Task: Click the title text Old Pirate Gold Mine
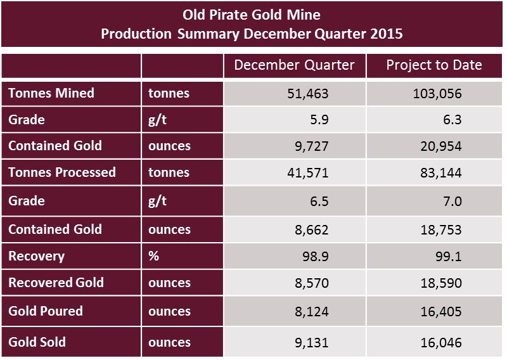(x=252, y=14)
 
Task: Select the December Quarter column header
(x=295, y=65)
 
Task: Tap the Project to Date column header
(x=434, y=65)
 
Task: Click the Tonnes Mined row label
(x=51, y=93)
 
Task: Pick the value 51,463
(x=309, y=94)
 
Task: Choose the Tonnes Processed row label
(x=62, y=172)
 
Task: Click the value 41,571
(x=309, y=173)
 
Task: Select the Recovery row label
(x=36, y=256)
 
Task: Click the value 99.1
(x=449, y=257)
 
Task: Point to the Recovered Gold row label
(x=56, y=283)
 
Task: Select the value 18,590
(x=442, y=283)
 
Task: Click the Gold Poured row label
(x=46, y=311)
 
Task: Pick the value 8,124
(x=311, y=312)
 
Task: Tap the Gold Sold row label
(x=37, y=342)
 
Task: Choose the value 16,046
(x=442, y=343)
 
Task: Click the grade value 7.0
(x=452, y=202)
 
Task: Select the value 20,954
(x=442, y=146)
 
